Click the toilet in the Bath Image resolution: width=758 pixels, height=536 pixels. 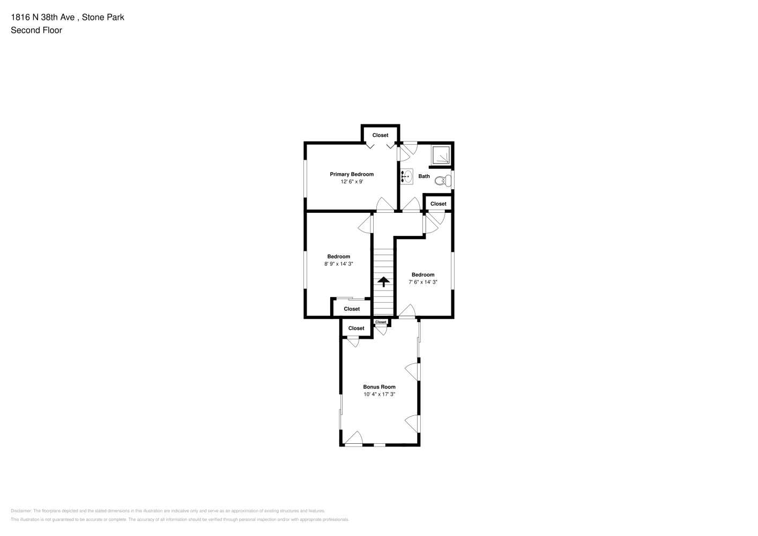[x=443, y=181]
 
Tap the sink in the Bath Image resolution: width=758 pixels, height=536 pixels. [x=407, y=176]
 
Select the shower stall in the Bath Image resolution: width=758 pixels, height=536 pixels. [x=441, y=155]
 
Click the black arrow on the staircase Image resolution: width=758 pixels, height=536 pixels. [x=383, y=282]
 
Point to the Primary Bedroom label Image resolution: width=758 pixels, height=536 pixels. [x=352, y=174]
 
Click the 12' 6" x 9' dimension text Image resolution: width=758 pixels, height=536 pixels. [x=352, y=182]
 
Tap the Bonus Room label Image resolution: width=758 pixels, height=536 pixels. [x=380, y=387]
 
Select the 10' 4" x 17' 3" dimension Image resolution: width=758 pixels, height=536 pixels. [x=380, y=394]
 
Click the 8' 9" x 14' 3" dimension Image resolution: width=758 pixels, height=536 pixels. [x=339, y=264]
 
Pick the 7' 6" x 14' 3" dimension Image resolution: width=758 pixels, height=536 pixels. [x=423, y=282]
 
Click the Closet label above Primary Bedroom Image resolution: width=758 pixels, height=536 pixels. [x=381, y=136]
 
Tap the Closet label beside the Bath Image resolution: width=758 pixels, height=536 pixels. [x=438, y=204]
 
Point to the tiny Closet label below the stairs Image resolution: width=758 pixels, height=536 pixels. [x=381, y=322]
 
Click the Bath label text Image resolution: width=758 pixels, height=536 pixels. [x=424, y=176]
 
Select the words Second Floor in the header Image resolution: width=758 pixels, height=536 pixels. [x=36, y=30]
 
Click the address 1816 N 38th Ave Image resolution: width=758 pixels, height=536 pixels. [x=43, y=17]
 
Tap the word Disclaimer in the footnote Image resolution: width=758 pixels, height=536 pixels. [x=21, y=511]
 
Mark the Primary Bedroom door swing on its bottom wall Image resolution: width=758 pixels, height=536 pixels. [x=385, y=204]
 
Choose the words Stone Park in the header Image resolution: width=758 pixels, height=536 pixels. [x=103, y=17]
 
